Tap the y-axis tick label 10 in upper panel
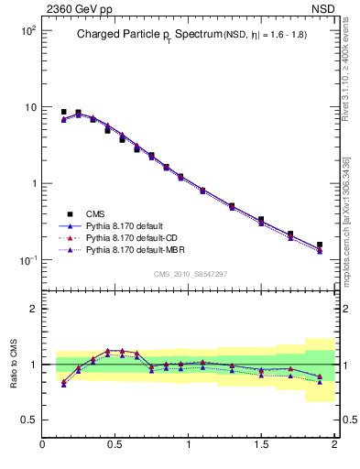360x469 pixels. (28, 107)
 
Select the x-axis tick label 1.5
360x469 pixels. (261, 446)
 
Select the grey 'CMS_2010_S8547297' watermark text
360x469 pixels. (189, 274)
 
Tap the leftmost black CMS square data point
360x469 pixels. (63, 112)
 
